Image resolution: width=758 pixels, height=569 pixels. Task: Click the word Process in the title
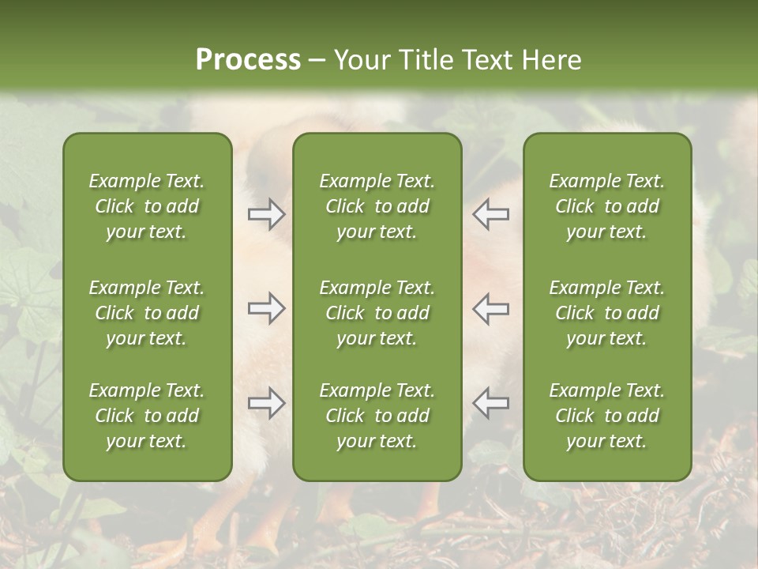click(x=248, y=60)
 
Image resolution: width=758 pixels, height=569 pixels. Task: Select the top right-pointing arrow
click(x=266, y=215)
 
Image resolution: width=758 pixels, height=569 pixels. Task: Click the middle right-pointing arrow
click(x=266, y=308)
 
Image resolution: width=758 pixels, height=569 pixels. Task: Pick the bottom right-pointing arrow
click(x=266, y=403)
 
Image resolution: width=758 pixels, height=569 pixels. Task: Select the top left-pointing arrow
click(x=491, y=215)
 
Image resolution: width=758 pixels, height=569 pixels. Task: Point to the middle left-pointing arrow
click(x=491, y=308)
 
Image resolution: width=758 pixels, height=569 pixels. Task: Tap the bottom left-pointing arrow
click(x=491, y=403)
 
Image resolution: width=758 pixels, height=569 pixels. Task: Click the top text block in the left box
click(x=147, y=206)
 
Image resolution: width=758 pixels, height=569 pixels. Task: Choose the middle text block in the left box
click(x=147, y=313)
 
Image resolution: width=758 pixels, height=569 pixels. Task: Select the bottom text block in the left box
click(x=147, y=416)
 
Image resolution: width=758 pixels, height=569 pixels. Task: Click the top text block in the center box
click(x=377, y=206)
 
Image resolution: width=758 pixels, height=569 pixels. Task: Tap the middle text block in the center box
click(x=377, y=313)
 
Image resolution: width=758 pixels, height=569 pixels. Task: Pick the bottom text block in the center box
click(x=377, y=416)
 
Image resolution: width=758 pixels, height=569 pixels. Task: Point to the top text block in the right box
click(x=606, y=206)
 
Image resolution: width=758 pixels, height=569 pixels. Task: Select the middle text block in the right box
click(x=606, y=313)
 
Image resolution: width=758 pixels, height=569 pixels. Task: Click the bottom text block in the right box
click(x=606, y=416)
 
